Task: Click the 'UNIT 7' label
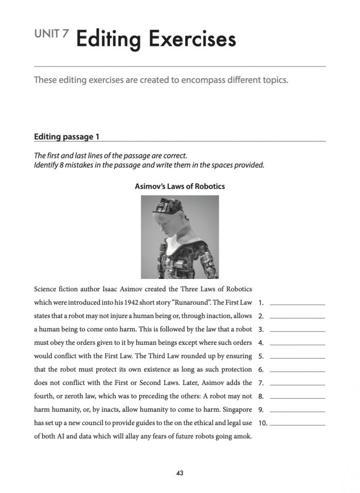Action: click(50, 34)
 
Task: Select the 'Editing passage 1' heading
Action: click(66, 137)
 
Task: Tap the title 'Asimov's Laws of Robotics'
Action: click(179, 186)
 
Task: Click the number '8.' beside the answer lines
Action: click(261, 397)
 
